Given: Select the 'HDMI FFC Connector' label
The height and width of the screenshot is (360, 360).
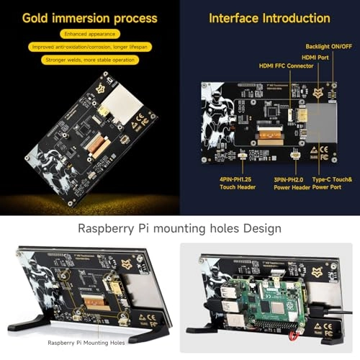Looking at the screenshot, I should [x=286, y=66].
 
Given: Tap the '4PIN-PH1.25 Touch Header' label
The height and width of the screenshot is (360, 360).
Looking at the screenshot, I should [x=238, y=182].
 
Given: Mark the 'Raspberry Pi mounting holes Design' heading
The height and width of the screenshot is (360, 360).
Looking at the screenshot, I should [x=179, y=228].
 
